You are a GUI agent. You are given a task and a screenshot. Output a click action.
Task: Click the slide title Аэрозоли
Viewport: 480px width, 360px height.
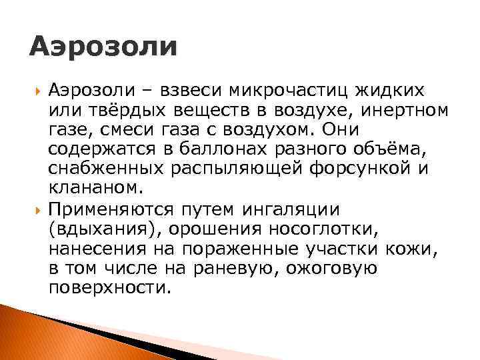(104, 47)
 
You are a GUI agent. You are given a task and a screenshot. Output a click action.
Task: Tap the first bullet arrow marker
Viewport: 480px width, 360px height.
(37, 90)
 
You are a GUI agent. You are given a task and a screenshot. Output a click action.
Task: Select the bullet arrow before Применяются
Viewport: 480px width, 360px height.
(37, 210)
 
